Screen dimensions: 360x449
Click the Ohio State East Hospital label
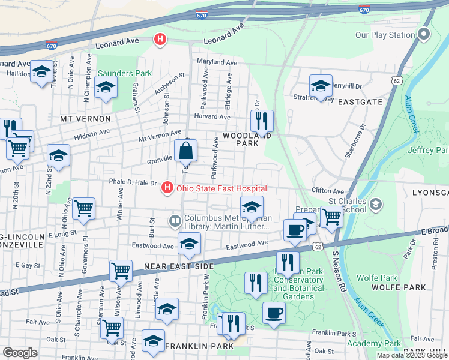(x=221, y=189)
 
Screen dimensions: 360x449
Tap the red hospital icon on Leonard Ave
(x=160, y=40)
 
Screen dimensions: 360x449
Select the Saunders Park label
(x=117, y=73)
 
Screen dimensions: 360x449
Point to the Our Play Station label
(x=385, y=35)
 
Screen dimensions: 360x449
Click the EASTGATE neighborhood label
(x=360, y=101)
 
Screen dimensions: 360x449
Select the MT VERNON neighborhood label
(x=85, y=119)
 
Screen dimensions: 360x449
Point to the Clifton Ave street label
(x=327, y=191)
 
